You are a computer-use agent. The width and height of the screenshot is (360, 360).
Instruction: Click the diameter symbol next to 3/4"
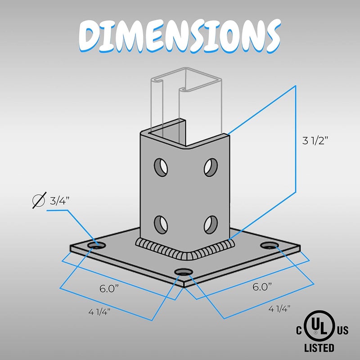[x=39, y=201]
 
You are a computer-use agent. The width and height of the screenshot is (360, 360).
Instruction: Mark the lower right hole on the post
[x=210, y=222]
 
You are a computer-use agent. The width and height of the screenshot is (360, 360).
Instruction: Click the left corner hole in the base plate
[x=96, y=245]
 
